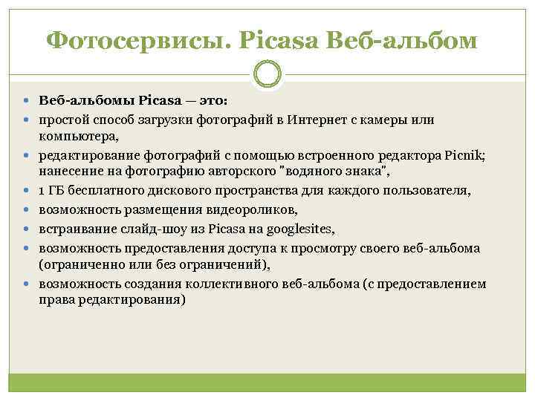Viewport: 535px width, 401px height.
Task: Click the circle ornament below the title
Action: [267, 74]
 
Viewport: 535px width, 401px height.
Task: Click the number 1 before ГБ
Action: [42, 192]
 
